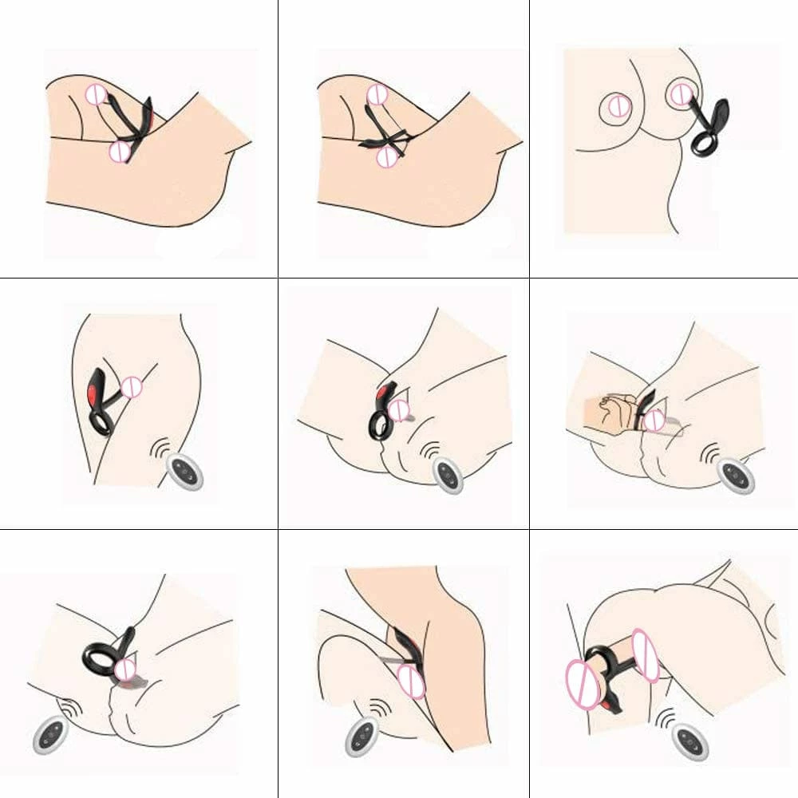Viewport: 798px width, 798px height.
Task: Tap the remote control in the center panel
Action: click(448, 476)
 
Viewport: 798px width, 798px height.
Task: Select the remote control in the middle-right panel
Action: click(735, 474)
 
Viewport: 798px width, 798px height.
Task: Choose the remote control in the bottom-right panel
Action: click(689, 741)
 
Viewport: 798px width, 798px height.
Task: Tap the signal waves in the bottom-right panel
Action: click(664, 717)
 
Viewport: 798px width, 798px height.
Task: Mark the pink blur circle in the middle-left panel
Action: click(131, 388)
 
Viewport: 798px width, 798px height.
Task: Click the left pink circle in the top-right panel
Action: click(616, 105)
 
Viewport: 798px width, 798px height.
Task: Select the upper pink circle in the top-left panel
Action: click(96, 94)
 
